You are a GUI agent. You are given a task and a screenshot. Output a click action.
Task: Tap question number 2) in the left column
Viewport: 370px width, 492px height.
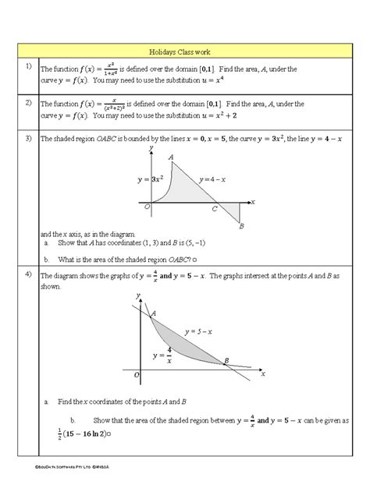(x=27, y=102)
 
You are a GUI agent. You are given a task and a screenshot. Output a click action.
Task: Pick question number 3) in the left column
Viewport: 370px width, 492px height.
(x=27, y=139)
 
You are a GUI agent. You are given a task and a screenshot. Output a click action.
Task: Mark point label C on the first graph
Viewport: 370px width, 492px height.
(x=215, y=210)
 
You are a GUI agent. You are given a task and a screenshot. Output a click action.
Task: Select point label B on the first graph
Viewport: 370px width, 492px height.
(x=242, y=226)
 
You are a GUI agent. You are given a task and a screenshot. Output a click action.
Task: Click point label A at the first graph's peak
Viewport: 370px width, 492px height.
(x=171, y=157)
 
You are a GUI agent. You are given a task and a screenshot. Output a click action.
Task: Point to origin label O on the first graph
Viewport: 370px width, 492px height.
(x=147, y=207)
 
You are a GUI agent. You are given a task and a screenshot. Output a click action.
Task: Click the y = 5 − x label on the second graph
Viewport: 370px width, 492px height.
(x=195, y=331)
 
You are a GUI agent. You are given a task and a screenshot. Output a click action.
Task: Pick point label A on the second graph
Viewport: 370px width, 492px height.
(x=153, y=313)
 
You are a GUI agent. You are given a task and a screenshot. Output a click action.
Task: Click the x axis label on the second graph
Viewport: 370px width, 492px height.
(x=263, y=374)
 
